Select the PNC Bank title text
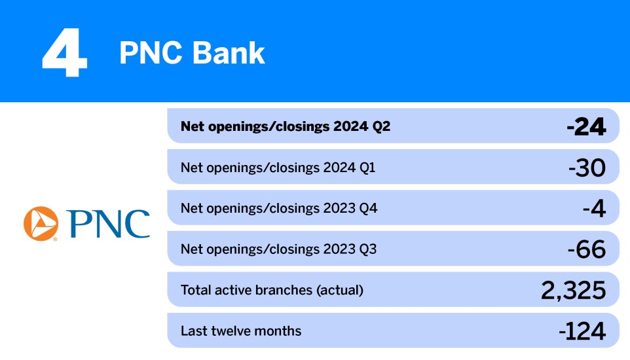pos(192,53)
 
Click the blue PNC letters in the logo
pos(108,224)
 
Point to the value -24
pos(586,126)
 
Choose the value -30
pos(587,168)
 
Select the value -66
pos(587,249)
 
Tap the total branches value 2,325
pos(574,290)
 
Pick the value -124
pos(582,331)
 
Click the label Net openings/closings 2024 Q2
pos(285,126)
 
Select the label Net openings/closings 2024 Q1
pos(278,168)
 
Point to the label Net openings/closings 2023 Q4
pos(278,209)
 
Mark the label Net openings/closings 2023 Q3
pos(278,249)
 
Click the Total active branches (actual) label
pos(271,290)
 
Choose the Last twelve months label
pos(241,331)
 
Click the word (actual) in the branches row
pos(340,290)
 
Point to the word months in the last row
pos(279,331)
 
